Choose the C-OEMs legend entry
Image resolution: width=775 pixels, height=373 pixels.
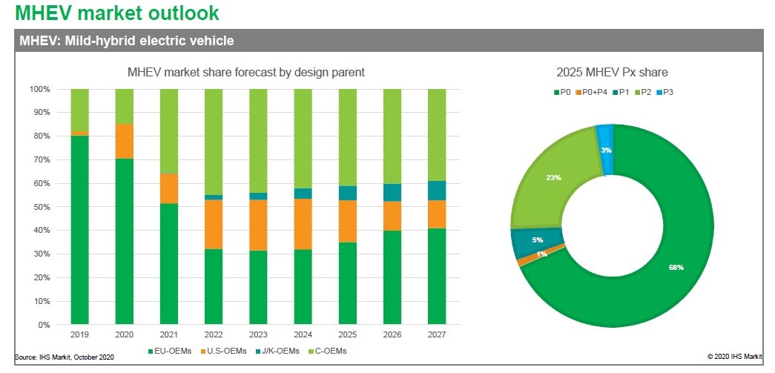pos(329,351)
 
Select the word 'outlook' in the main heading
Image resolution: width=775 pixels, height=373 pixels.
pos(179,13)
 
